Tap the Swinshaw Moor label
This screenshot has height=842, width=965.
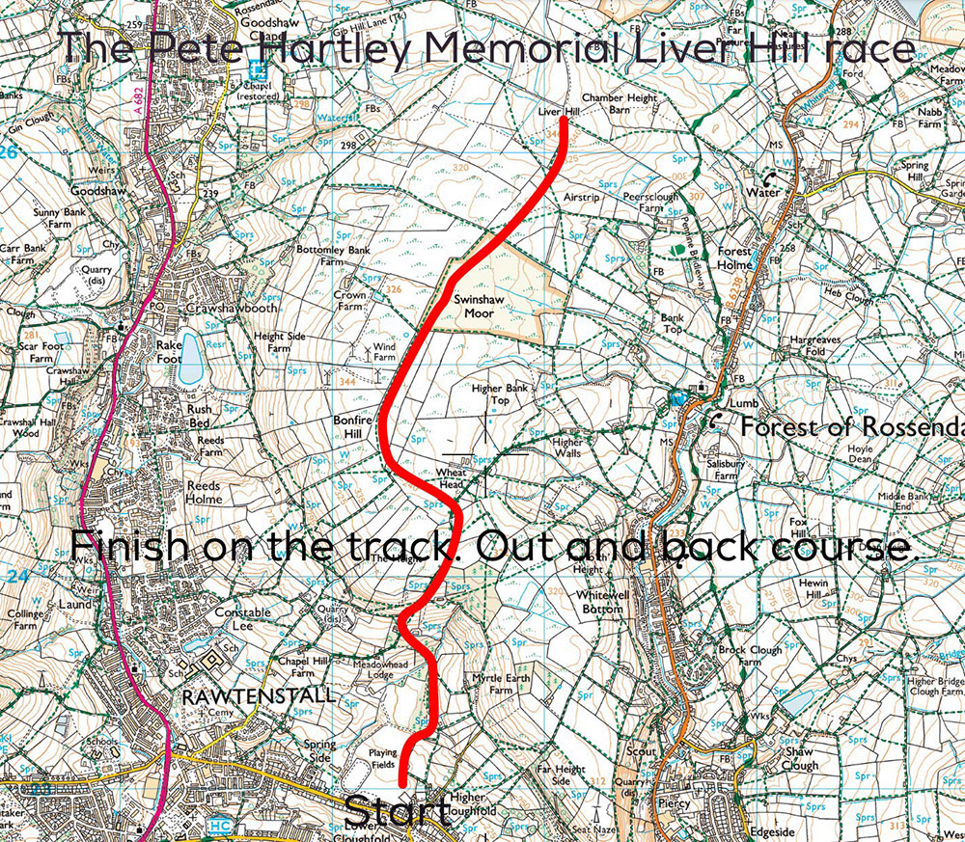(475, 306)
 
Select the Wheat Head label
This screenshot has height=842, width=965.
(452, 477)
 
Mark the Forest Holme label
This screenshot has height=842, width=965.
(733, 258)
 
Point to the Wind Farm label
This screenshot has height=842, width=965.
(384, 351)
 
